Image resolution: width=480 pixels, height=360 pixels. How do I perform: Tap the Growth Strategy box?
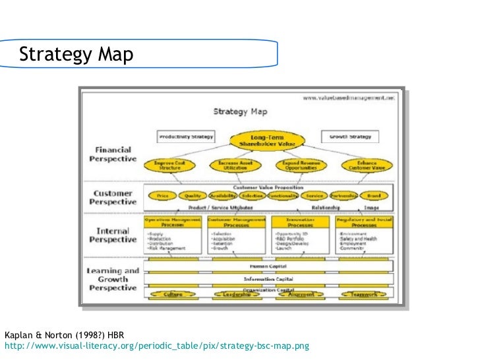pyautogui.click(x=351, y=137)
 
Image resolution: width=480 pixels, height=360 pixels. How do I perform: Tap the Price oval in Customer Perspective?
pyautogui.click(x=162, y=196)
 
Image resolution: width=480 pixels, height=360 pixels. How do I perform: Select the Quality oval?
pyautogui.click(x=192, y=196)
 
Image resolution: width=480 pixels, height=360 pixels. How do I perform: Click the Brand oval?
pyautogui.click(x=374, y=196)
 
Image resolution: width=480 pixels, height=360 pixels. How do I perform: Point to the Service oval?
pyautogui.click(x=315, y=196)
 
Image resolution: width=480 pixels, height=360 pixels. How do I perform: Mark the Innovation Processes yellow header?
pyautogui.click(x=300, y=222)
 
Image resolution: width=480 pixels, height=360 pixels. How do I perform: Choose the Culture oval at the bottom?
pyautogui.click(x=173, y=295)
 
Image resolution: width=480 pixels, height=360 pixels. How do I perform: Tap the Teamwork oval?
pyautogui.click(x=363, y=295)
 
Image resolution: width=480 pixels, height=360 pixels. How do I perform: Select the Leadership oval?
pyautogui.click(x=236, y=295)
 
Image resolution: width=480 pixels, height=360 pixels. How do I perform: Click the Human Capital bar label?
pyautogui.click(x=268, y=266)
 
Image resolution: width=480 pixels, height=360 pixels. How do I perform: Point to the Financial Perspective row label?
pyautogui.click(x=113, y=155)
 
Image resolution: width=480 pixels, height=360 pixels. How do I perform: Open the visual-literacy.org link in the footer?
pyautogui.click(x=156, y=345)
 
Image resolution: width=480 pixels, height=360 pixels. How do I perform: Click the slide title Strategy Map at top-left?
pyautogui.click(x=76, y=55)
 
